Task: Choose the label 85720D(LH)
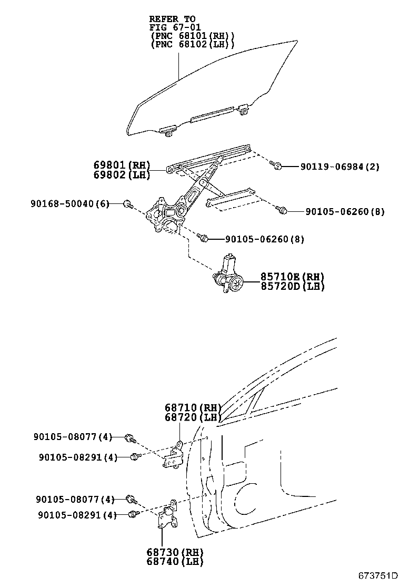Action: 292,287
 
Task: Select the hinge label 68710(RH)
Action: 191,407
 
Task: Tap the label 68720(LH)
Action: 191,417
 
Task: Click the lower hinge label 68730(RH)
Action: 175,552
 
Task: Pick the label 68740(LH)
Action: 175,561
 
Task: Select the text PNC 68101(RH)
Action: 192,36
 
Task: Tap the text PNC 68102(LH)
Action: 192,45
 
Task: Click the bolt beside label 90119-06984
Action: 276,166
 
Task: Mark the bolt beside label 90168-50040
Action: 127,203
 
